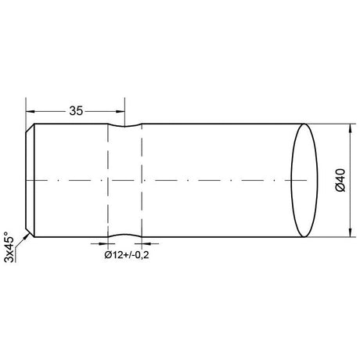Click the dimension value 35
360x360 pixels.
pyautogui.click(x=76, y=110)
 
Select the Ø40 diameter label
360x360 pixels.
pyautogui.click(x=340, y=181)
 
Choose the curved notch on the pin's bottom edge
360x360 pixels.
pyautogui.click(x=124, y=235)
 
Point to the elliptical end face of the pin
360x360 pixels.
pyautogui.click(x=304, y=181)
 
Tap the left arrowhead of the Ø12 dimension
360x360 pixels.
pyautogui.click(x=103, y=244)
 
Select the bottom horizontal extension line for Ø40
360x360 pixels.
pyautogui.click(x=329, y=236)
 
